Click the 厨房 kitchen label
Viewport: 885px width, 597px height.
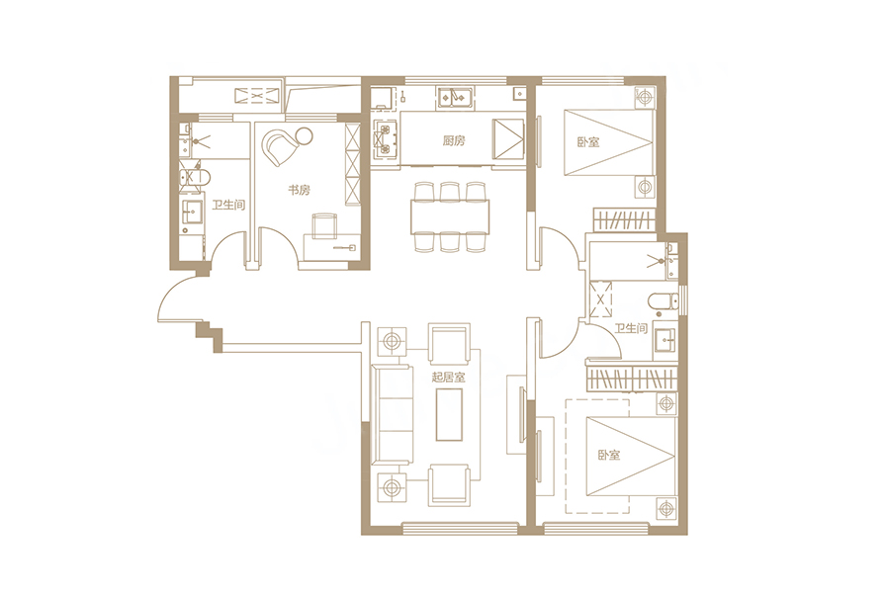(454, 140)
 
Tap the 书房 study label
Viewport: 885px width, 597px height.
(300, 190)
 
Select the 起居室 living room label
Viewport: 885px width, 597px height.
(449, 377)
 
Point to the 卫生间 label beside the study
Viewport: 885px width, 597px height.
(228, 205)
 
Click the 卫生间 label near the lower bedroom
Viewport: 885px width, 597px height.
(631, 328)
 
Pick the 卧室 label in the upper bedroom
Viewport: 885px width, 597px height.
(588, 141)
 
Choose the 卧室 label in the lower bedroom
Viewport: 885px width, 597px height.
(609, 455)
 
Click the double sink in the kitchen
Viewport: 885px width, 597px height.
(456, 98)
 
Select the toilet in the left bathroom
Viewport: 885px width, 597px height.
(195, 177)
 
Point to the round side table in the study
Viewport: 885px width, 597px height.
(304, 135)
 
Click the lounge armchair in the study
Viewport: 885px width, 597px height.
(282, 146)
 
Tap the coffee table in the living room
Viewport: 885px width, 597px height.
(449, 413)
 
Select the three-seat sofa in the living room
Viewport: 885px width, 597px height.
(391, 415)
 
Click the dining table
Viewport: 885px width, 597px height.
(450, 216)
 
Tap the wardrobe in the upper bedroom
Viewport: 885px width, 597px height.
(624, 219)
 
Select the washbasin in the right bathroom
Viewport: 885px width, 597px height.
(666, 341)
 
